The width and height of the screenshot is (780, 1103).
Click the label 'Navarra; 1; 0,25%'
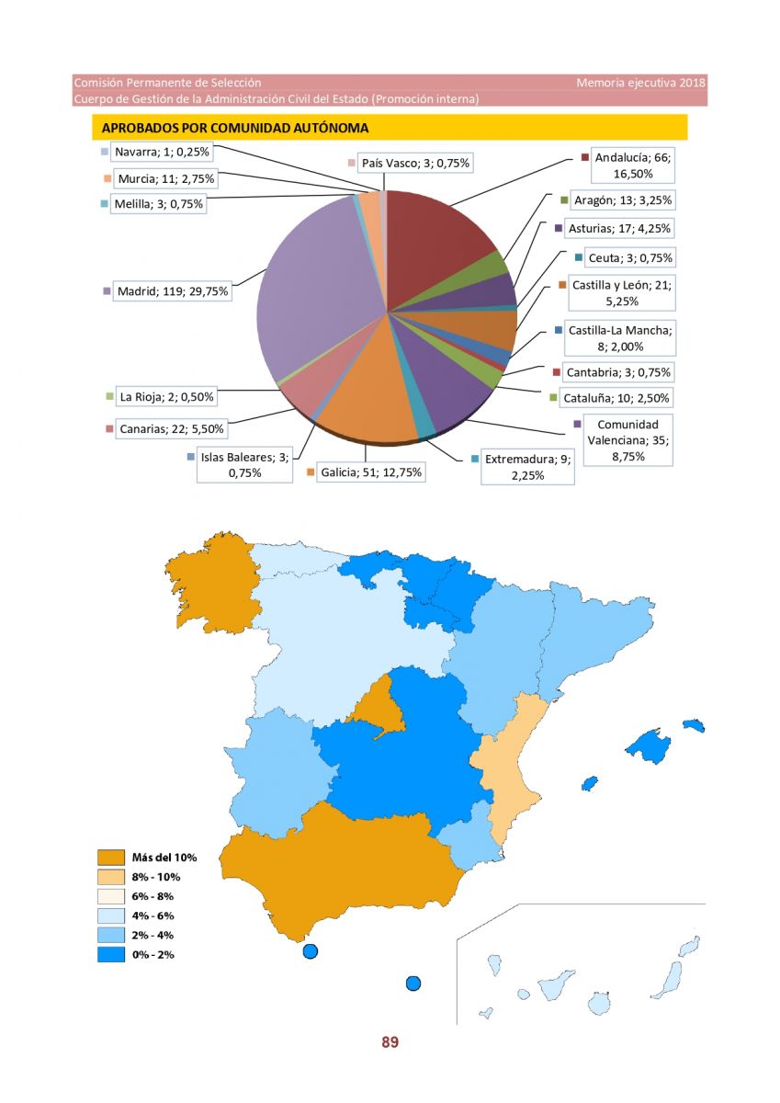162,152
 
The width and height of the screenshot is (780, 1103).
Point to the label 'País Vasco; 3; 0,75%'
415,163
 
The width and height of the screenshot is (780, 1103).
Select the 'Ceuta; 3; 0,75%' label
630,257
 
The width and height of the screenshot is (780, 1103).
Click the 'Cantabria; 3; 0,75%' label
618,372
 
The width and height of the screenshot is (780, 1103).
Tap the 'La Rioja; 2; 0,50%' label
166,396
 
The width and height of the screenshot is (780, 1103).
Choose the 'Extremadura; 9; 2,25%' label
527,467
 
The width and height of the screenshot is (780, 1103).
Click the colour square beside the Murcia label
107,178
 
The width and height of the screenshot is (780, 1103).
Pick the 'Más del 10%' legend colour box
111,858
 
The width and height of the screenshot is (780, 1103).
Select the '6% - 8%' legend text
153,896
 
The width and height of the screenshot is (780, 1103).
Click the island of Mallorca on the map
649,745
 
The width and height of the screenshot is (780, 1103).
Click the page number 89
390,1042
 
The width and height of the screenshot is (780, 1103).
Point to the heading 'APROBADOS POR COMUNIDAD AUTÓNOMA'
235,128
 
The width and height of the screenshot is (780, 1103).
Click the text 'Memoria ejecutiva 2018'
640,83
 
